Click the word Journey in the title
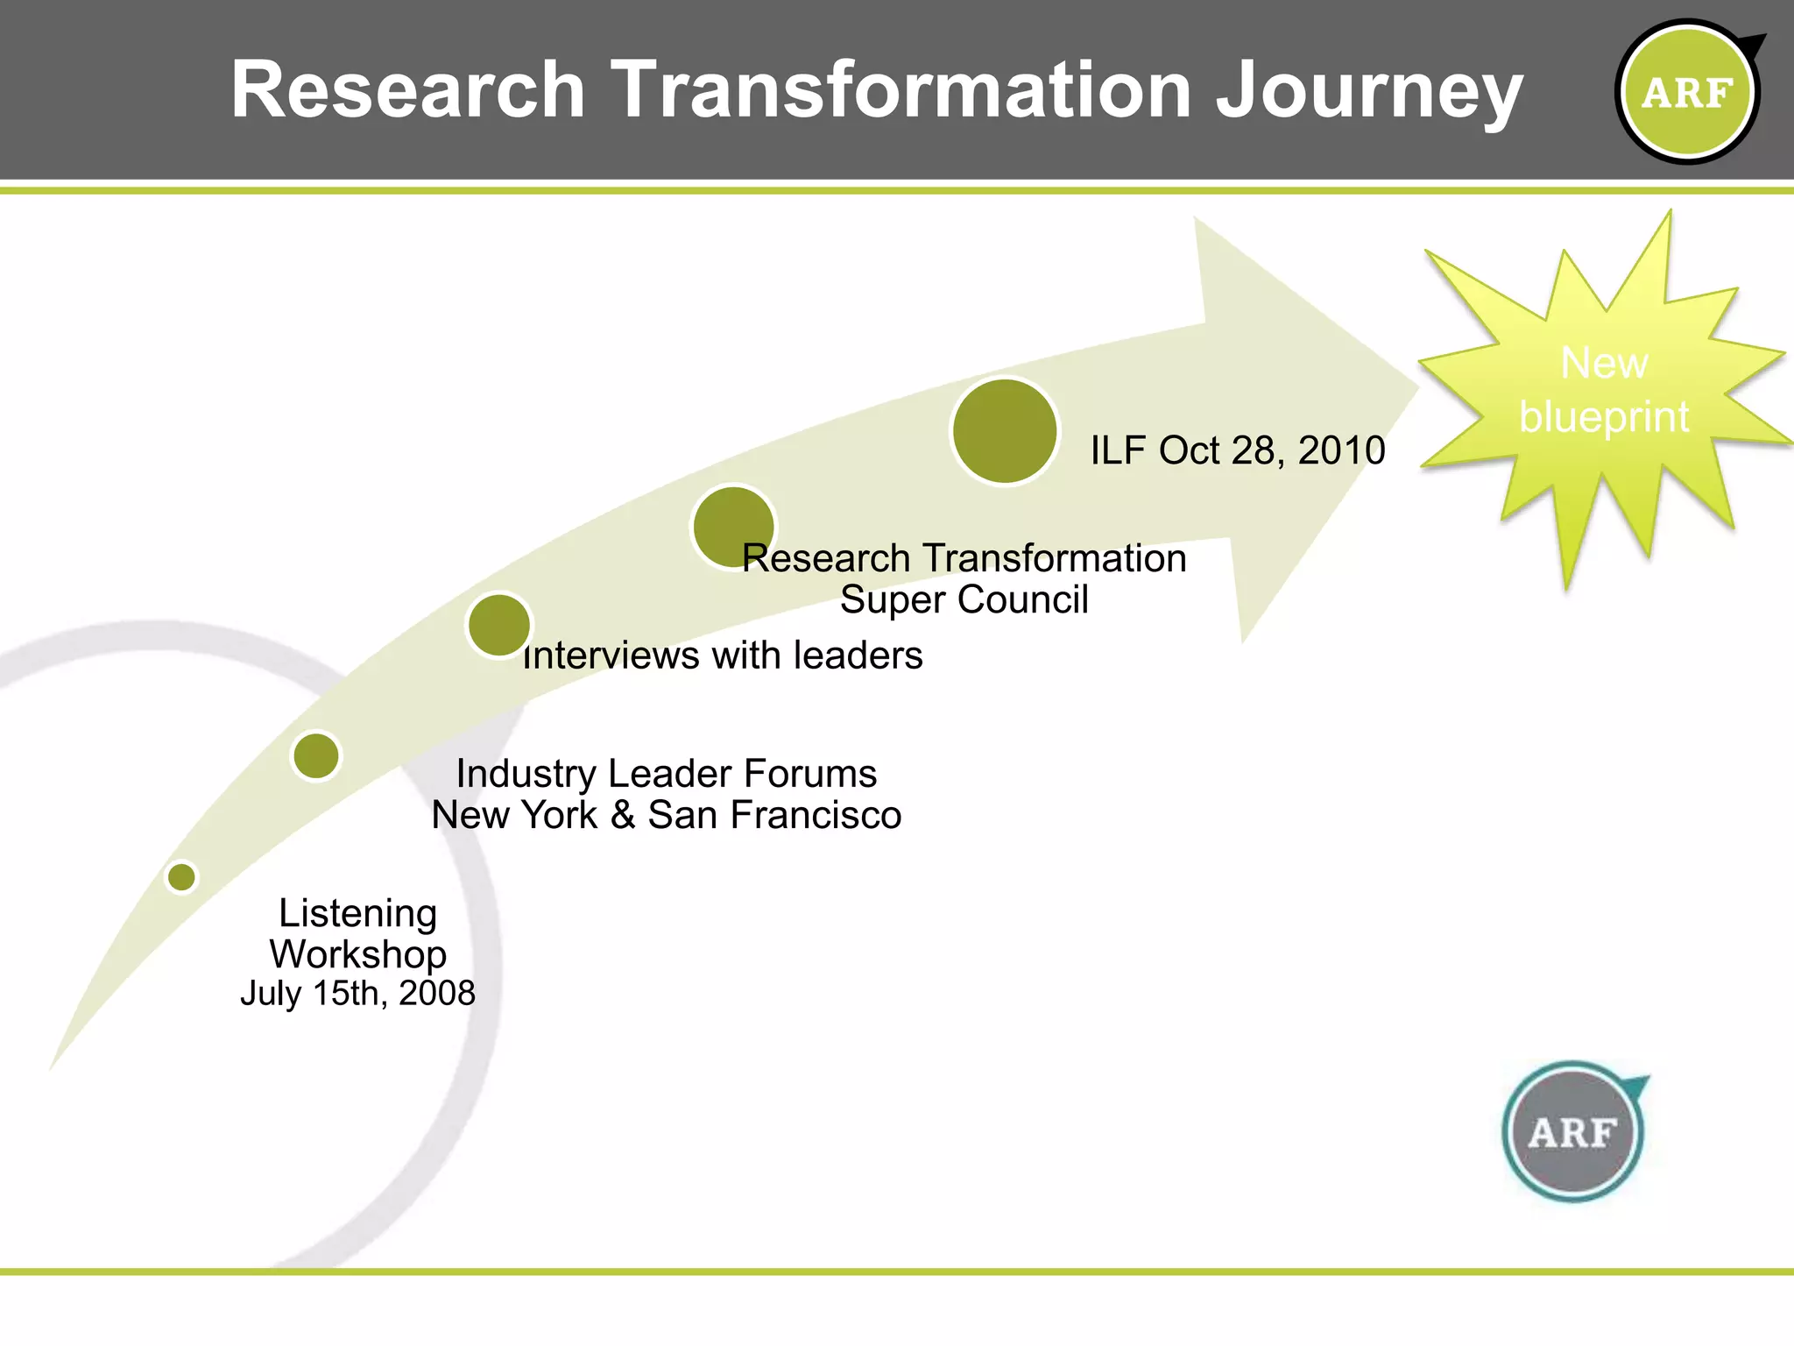click(x=1369, y=91)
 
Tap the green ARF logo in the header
click(x=1687, y=92)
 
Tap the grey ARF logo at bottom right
click(x=1573, y=1132)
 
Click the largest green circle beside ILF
click(x=1005, y=431)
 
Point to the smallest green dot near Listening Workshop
click(x=182, y=877)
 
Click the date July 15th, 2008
click(x=357, y=994)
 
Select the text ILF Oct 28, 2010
click(x=1238, y=450)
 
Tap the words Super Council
click(x=964, y=600)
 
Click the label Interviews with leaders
click(x=724, y=655)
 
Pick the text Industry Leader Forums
click(x=667, y=774)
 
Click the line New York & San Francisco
click(x=667, y=815)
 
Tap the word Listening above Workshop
click(x=357, y=913)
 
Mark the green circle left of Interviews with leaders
click(x=499, y=625)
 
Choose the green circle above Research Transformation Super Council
click(x=733, y=527)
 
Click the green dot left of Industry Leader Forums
click(x=316, y=755)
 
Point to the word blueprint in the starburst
click(x=1604, y=416)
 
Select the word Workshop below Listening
click(x=357, y=954)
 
